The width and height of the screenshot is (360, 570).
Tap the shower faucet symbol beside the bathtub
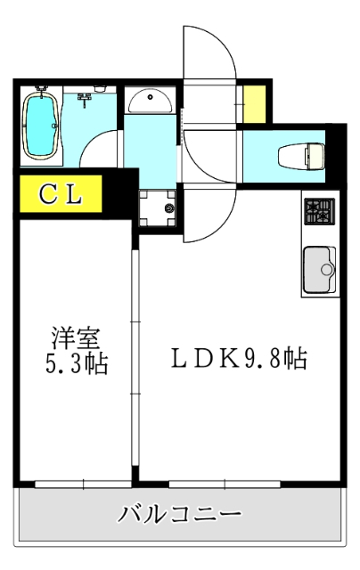85,97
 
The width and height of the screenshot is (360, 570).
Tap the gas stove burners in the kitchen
319,213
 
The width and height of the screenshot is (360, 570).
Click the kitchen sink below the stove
319,269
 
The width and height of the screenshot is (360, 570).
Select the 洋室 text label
74,339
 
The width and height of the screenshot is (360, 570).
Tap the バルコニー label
178,516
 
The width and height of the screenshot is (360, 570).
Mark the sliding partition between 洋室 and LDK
135,365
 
